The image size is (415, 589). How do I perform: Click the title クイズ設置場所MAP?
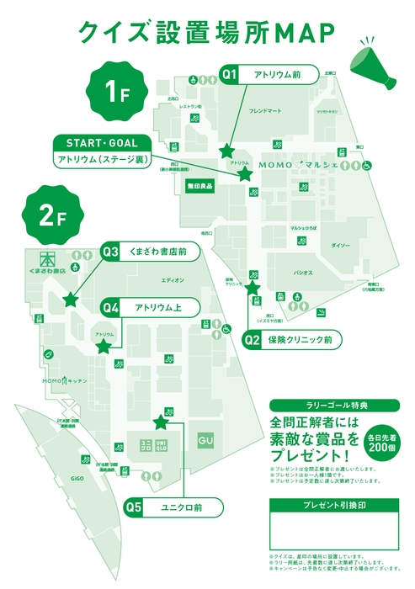click(207, 31)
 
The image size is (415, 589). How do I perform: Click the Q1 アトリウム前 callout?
click(269, 74)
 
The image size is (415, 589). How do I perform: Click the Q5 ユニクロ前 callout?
click(173, 507)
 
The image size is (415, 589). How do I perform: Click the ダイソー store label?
click(340, 245)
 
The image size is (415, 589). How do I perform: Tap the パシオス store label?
click(303, 273)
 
